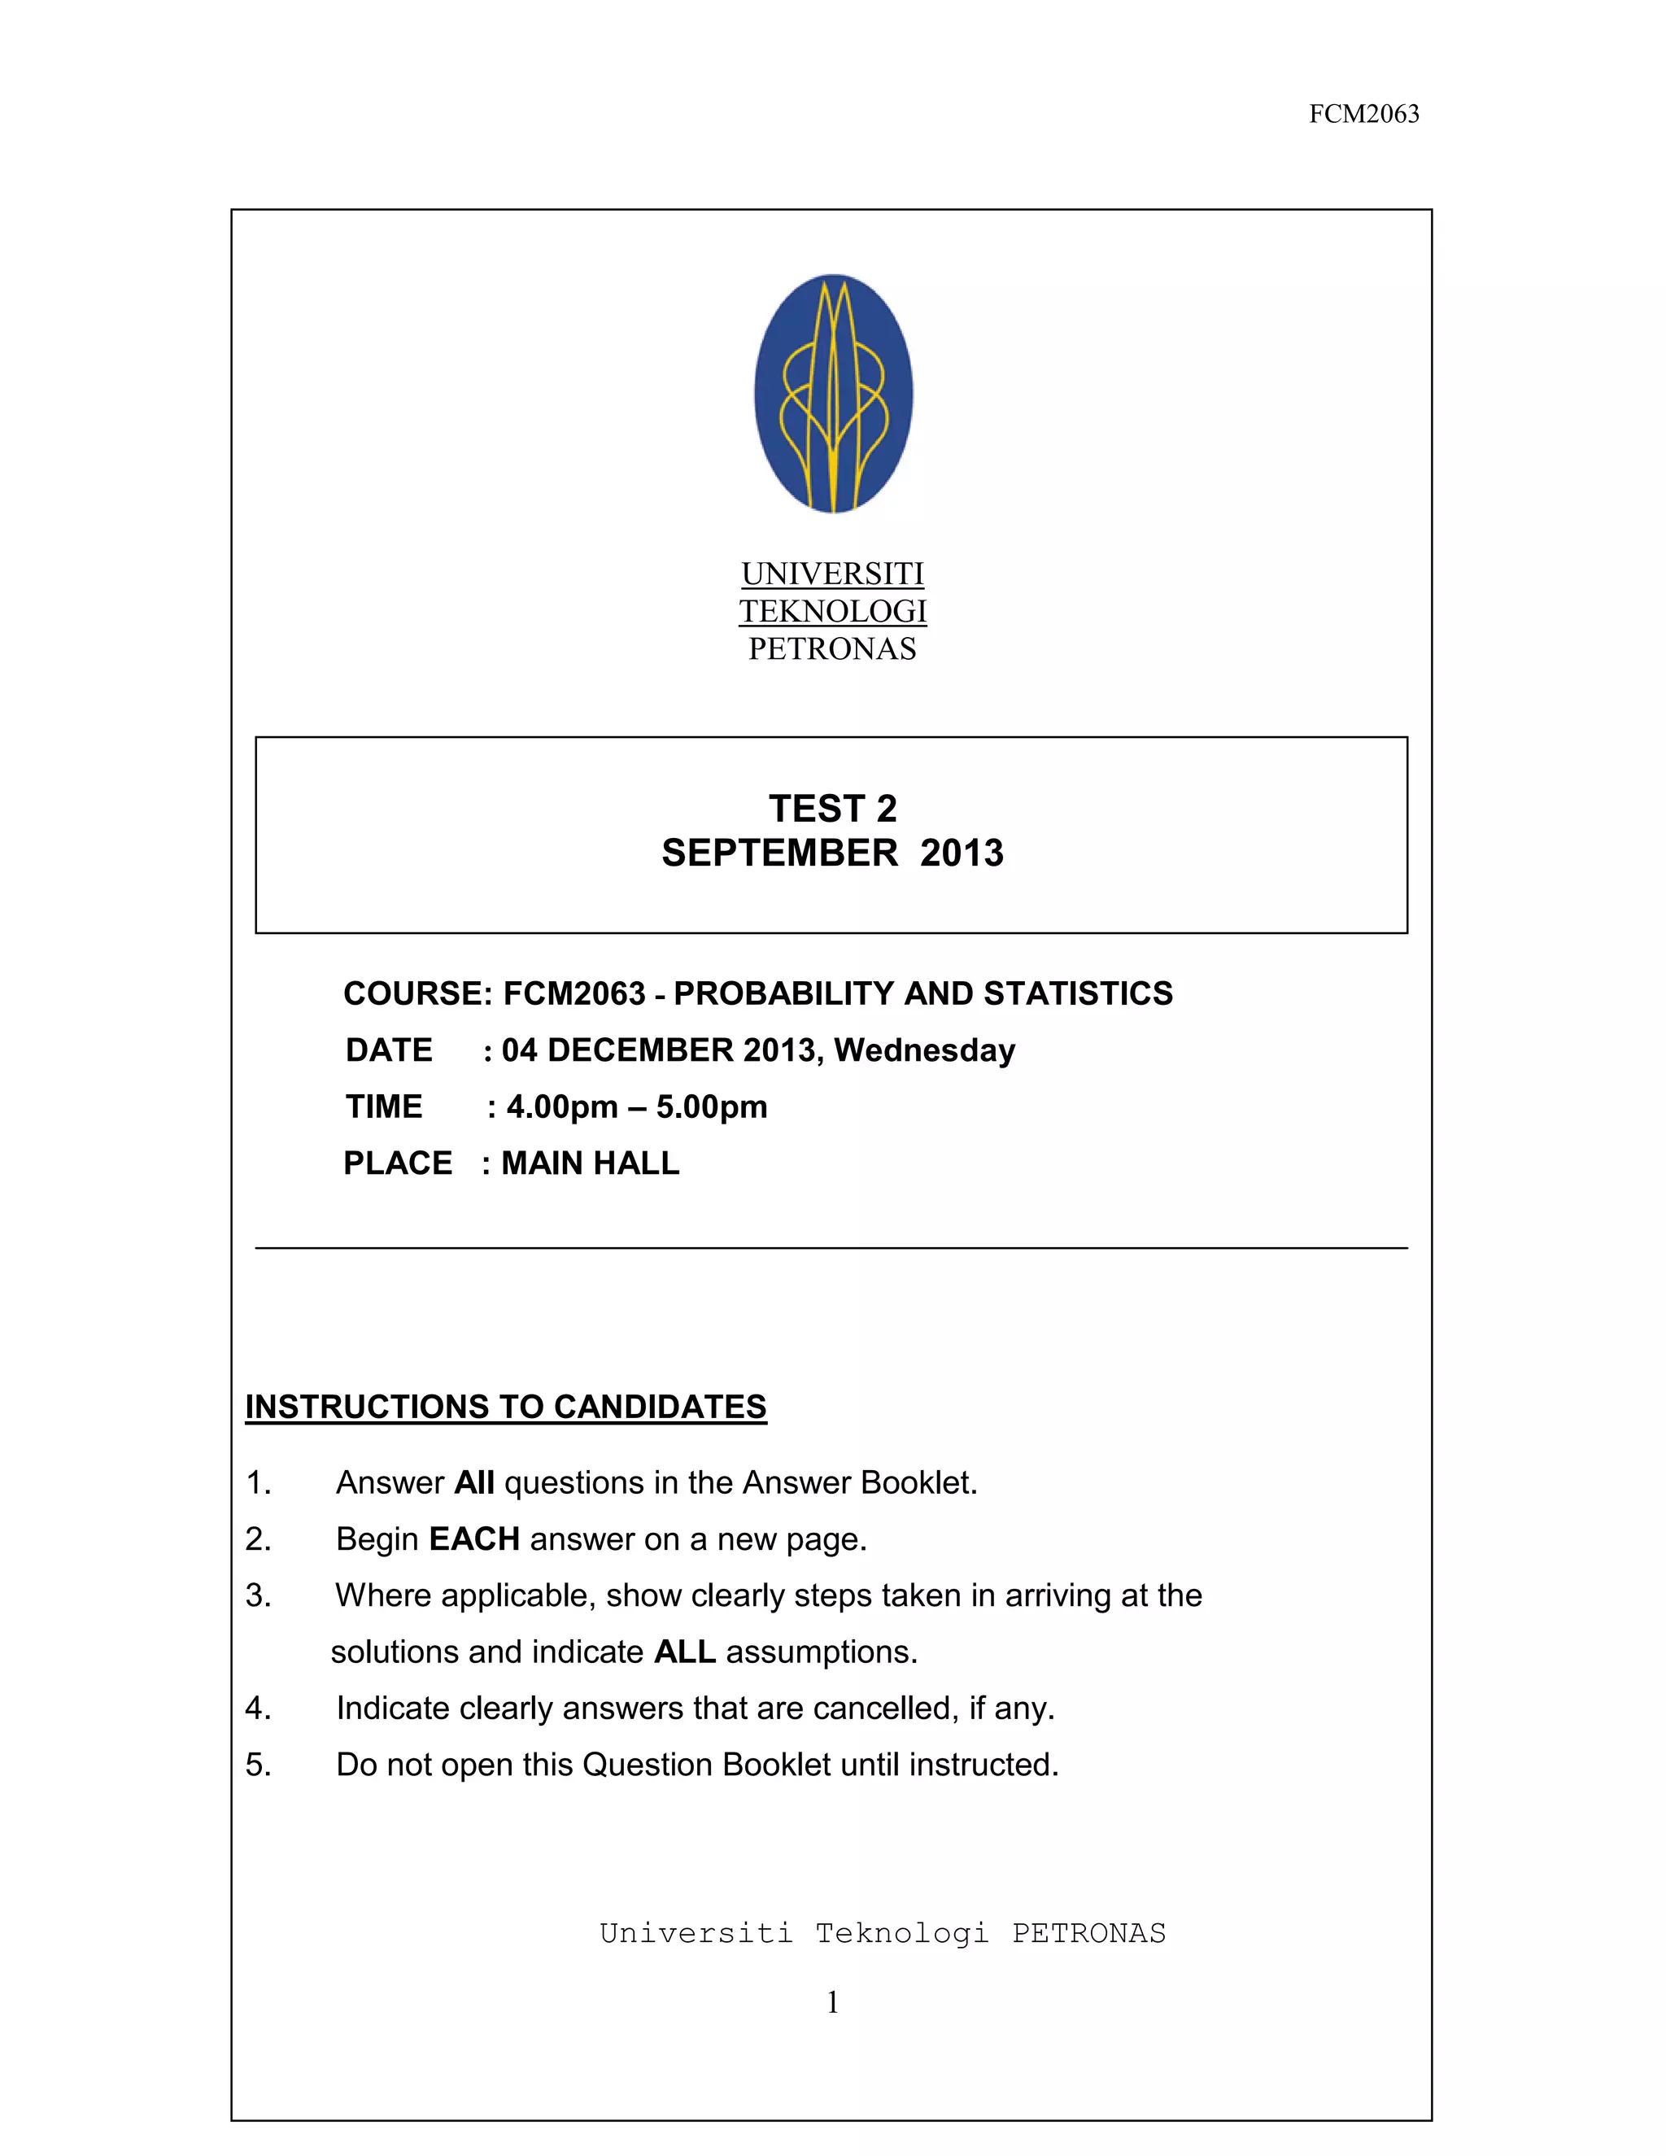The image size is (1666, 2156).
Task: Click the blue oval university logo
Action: point(833,393)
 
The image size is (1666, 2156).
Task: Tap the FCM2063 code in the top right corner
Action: point(1364,115)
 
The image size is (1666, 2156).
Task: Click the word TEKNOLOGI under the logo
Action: point(833,612)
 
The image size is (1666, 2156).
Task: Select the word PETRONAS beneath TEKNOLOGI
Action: point(832,649)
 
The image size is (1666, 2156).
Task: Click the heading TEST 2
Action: point(833,809)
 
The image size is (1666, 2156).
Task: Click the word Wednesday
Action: point(925,1050)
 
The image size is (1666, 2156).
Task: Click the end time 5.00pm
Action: point(712,1106)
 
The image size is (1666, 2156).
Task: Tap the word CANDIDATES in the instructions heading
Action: point(661,1407)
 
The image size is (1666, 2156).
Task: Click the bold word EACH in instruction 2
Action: point(475,1539)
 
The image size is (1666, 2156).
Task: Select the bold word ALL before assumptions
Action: point(684,1652)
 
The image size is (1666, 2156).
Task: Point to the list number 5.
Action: point(258,1764)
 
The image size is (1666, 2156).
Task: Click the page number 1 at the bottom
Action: point(833,2002)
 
